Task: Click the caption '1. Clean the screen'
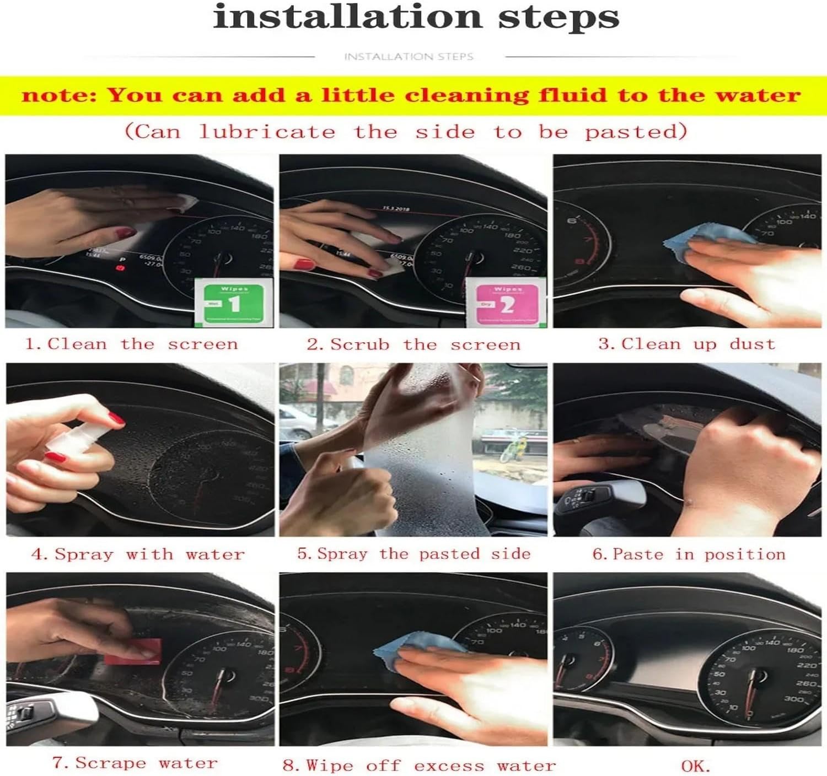click(132, 344)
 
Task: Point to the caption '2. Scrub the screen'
click(413, 345)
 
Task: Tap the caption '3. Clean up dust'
click(687, 344)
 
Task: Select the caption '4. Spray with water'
click(138, 554)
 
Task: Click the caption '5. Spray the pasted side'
click(413, 554)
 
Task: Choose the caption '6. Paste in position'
click(689, 554)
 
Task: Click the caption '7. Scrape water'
click(135, 763)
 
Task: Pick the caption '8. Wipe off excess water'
click(419, 766)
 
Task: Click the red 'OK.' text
click(696, 766)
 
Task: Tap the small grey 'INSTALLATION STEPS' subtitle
click(409, 56)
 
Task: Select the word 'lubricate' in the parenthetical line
click(267, 132)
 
